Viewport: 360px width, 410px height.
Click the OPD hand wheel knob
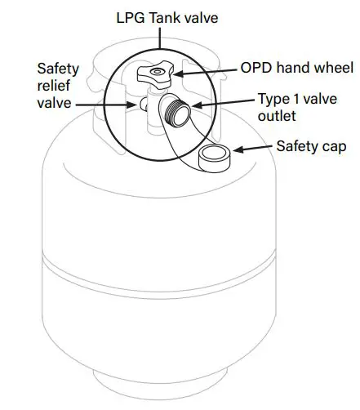(155, 75)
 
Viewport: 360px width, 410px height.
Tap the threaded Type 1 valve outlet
(177, 113)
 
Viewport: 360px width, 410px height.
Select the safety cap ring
(214, 158)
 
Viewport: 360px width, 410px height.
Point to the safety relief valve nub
(144, 105)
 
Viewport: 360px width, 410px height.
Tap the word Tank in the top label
(164, 18)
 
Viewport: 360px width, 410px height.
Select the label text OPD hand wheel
(297, 68)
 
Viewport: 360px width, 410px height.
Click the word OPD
(256, 68)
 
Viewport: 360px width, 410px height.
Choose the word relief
(54, 85)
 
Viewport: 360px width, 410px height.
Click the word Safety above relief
(58, 69)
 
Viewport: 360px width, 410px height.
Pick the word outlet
(277, 116)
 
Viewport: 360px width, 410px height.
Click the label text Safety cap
(311, 146)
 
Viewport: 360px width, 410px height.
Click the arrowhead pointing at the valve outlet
(197, 105)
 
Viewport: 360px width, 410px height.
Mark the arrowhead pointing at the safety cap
(238, 149)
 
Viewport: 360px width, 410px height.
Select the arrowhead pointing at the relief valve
(132, 105)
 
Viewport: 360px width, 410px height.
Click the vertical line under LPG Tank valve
(160, 38)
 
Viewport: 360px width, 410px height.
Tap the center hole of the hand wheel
(156, 72)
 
